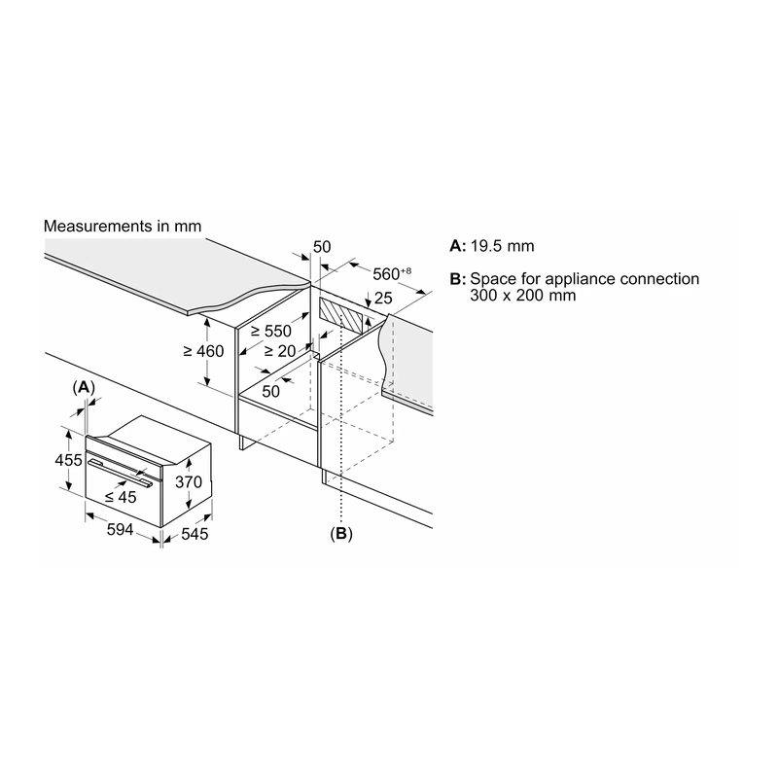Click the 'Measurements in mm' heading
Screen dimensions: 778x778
[123, 227]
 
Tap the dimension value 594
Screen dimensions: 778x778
[120, 529]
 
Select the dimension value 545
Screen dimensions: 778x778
[194, 534]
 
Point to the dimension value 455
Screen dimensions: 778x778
[68, 460]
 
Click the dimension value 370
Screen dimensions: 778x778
[189, 481]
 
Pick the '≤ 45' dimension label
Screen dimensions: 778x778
[121, 497]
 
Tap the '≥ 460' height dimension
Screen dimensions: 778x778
[203, 351]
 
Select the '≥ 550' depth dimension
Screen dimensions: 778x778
[271, 331]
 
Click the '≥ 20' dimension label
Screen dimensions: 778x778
[280, 351]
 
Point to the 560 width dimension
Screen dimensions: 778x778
[392, 273]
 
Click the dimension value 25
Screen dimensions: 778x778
[383, 298]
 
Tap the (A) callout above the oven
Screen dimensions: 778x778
[84, 387]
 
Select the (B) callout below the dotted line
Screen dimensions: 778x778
[341, 533]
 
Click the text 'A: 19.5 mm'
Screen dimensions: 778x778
[492, 246]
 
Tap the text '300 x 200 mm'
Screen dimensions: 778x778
[523, 296]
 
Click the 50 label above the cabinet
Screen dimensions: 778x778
[322, 247]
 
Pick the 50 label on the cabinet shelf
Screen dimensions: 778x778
[271, 392]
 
